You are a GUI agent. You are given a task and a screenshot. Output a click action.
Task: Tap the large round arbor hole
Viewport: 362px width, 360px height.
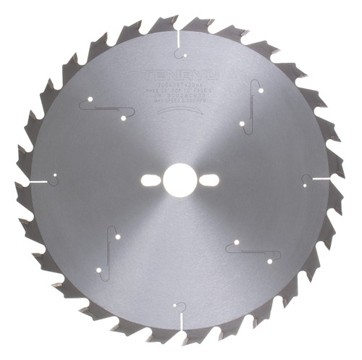[x=179, y=180]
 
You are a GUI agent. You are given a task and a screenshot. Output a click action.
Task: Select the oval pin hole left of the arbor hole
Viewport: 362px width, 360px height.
[x=153, y=180]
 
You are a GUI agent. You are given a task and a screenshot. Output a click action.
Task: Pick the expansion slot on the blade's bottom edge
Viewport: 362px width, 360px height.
[x=179, y=319]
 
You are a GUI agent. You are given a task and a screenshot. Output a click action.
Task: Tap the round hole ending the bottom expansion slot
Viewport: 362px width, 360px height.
[x=179, y=307]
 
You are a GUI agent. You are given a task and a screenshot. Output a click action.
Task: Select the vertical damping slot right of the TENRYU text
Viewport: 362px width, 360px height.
[x=252, y=101]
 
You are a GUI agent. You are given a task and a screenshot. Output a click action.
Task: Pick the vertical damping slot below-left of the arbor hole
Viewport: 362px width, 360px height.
[x=108, y=254]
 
